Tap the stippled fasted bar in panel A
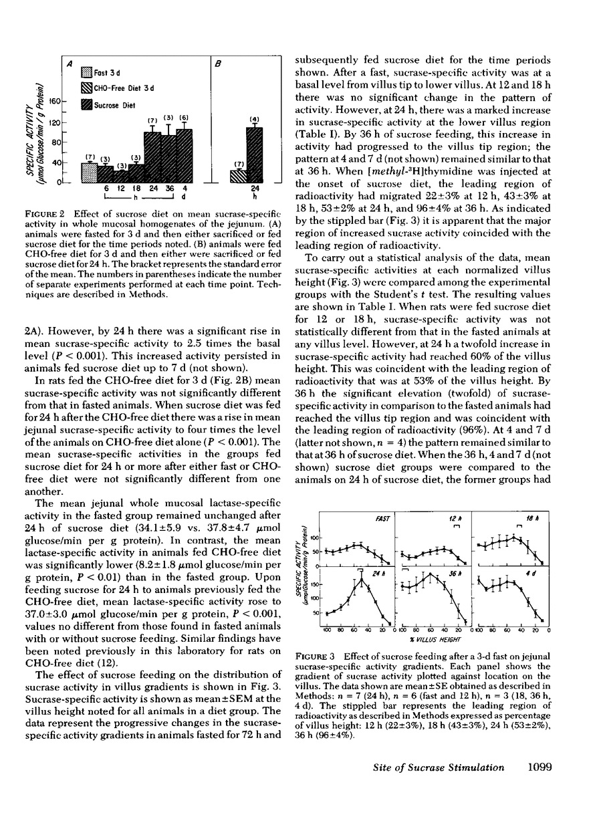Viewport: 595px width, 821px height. [90, 172]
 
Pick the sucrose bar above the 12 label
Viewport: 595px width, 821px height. [121, 177]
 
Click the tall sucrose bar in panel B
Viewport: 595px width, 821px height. [254, 155]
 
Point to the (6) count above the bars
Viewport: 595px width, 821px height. [184, 118]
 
